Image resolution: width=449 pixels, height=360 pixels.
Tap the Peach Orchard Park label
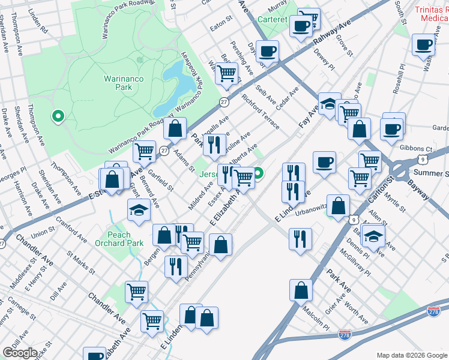[119, 239]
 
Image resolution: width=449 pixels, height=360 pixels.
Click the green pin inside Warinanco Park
[58, 116]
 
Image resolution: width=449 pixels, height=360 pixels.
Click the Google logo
[20, 353]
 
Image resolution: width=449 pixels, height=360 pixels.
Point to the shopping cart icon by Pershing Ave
[226, 74]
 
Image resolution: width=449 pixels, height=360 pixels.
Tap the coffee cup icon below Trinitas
[424, 45]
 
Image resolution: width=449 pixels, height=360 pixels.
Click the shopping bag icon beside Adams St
[174, 128]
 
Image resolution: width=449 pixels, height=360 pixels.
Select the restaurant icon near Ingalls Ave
[214, 144]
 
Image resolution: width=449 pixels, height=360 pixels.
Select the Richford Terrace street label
[260, 107]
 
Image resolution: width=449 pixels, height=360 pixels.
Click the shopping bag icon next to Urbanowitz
[339, 205]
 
